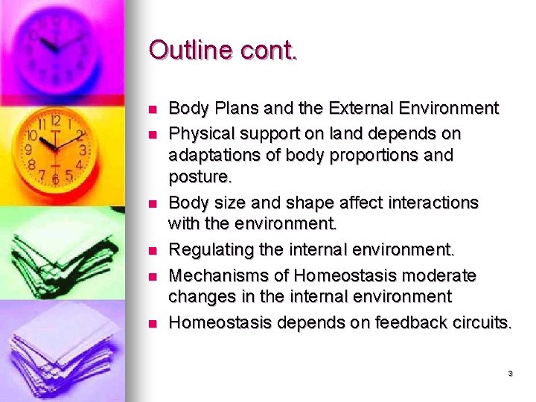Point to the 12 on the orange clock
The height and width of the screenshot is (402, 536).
[55, 121]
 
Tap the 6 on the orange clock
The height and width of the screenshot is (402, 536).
[54, 179]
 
